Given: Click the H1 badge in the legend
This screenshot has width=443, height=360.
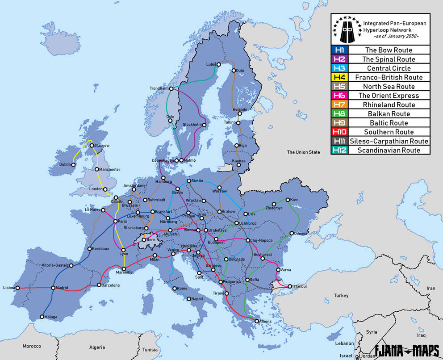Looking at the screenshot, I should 339,50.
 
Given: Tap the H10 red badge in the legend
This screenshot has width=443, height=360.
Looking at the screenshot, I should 339,132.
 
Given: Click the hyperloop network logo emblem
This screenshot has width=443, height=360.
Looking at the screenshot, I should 346,28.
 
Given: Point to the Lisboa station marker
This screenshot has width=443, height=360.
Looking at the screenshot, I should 18,288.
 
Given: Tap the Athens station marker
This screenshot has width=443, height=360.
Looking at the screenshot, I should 256,321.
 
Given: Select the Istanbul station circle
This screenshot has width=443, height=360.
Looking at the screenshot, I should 290,286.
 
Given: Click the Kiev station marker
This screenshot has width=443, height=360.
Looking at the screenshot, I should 287,200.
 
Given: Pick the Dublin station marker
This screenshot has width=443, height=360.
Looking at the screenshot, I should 74,164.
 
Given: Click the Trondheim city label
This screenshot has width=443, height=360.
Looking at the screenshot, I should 159,88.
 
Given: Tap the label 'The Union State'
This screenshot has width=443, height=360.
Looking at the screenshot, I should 303,152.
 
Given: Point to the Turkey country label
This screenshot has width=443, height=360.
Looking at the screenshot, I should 340,296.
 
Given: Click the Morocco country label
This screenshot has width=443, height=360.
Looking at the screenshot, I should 32,346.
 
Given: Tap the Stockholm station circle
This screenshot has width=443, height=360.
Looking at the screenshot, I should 204,125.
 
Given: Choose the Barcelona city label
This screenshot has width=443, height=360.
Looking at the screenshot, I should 110,285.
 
